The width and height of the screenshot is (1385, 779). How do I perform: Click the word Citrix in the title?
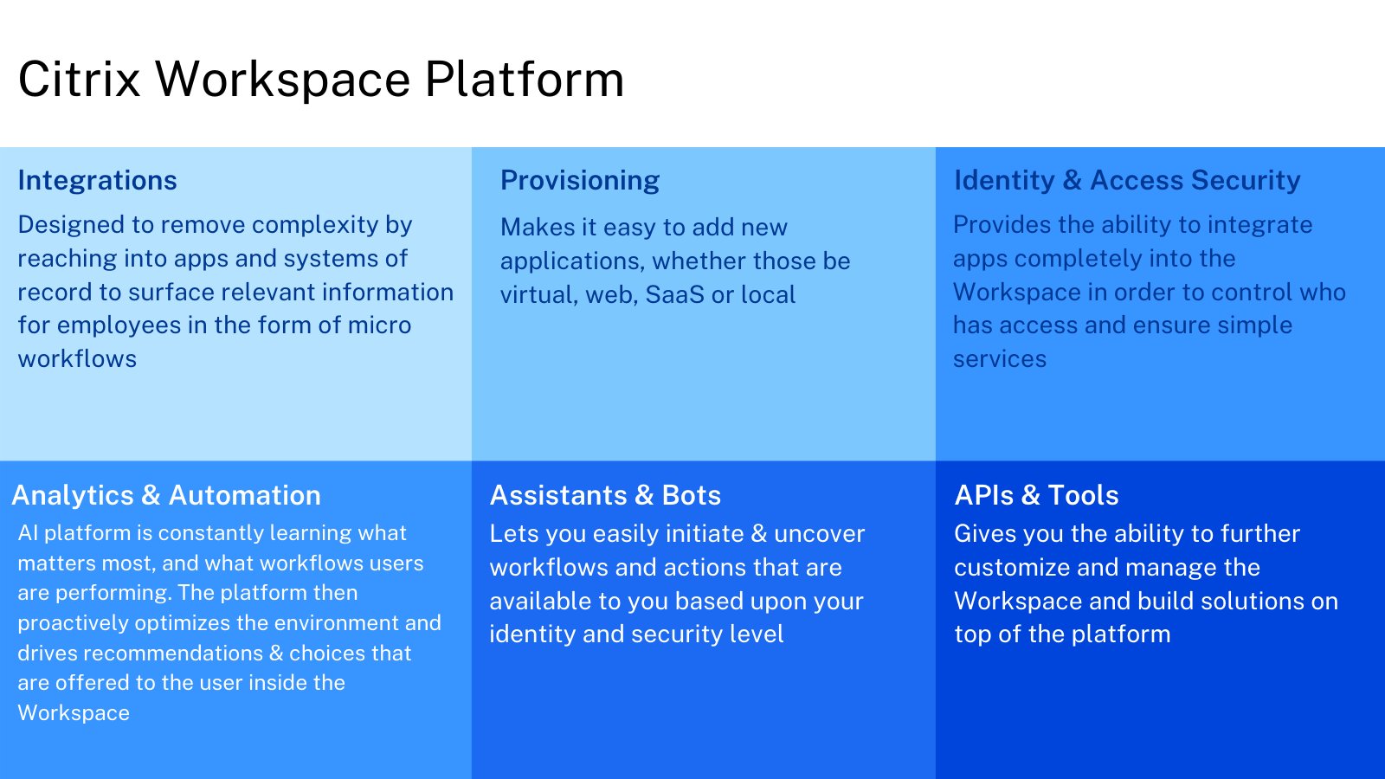coord(79,80)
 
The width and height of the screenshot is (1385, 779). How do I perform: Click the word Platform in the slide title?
coord(525,80)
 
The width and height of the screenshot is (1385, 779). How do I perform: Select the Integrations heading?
coord(97,180)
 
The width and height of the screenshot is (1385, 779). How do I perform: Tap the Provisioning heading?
coord(580,180)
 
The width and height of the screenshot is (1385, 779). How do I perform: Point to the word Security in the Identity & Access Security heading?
coord(1246,180)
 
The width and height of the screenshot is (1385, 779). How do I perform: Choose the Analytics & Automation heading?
coord(166,495)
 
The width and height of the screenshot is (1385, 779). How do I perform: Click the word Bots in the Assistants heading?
coord(691,495)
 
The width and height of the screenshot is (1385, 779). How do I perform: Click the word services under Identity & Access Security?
coord(1000,359)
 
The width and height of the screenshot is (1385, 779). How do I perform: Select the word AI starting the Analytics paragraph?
coord(28,533)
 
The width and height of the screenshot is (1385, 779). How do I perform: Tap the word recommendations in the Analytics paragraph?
coord(173,653)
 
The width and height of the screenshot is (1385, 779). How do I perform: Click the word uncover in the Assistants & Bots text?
coord(819,534)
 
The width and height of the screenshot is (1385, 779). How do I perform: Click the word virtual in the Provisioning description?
coord(536,295)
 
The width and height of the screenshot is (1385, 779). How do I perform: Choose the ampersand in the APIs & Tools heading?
coord(1030,495)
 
